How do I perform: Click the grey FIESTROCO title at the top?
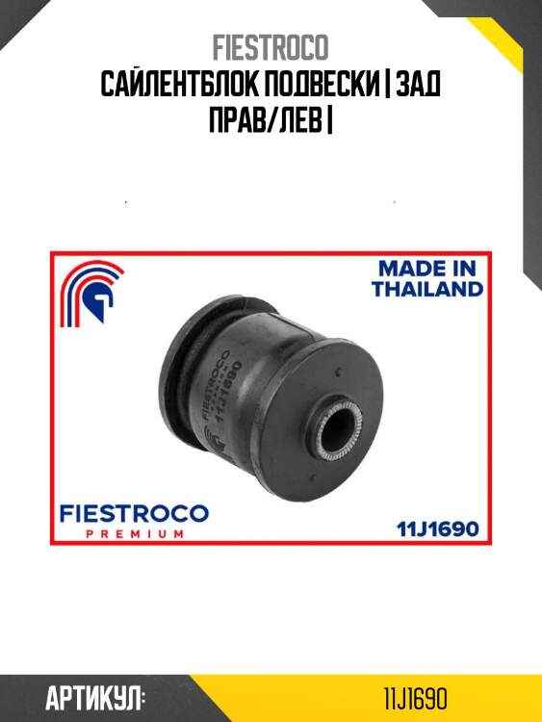point(271,47)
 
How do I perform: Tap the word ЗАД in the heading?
point(418,86)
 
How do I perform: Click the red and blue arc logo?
point(91,294)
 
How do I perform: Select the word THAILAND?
point(427,289)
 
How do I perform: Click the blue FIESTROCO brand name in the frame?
point(134,514)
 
